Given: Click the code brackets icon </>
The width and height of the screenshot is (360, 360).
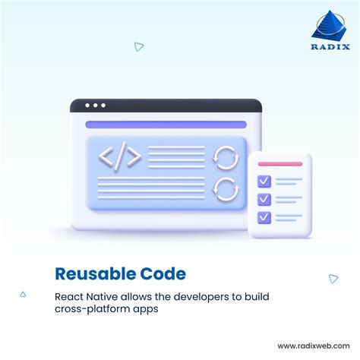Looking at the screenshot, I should [120, 157].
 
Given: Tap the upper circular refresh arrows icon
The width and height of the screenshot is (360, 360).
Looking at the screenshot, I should [225, 157].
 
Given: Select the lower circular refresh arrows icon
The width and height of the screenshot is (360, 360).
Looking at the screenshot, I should [225, 188].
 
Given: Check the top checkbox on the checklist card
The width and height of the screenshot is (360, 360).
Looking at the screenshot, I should [264, 182].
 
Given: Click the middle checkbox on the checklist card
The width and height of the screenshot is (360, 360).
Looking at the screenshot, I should [264, 199].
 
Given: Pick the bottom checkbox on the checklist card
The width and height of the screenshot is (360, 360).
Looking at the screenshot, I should [264, 217].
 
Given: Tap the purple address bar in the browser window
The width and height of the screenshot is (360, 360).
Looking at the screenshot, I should [166, 125].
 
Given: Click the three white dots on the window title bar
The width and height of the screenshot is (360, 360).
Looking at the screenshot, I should [96, 106].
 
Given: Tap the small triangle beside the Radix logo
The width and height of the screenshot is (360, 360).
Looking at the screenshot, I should [139, 47].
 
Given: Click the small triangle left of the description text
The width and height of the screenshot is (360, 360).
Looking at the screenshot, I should [23, 294].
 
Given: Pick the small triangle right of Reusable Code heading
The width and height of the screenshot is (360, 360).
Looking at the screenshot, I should [333, 279].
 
